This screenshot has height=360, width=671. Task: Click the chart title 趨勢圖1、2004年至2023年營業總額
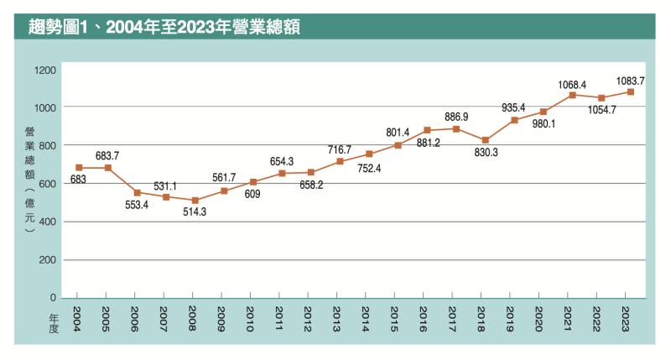[x=164, y=25]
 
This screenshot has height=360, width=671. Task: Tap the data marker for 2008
[x=195, y=201]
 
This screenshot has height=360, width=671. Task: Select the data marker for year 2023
[x=630, y=91]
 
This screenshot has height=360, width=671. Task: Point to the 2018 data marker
[x=485, y=140]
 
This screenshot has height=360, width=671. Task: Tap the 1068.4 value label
[x=573, y=84]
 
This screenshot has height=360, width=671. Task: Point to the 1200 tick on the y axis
[x=46, y=69]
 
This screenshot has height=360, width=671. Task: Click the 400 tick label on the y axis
[x=49, y=222]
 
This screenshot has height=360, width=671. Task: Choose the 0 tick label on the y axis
[x=54, y=298]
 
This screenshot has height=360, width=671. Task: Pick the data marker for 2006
[x=137, y=193]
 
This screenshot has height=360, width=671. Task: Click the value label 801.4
[x=398, y=133]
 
